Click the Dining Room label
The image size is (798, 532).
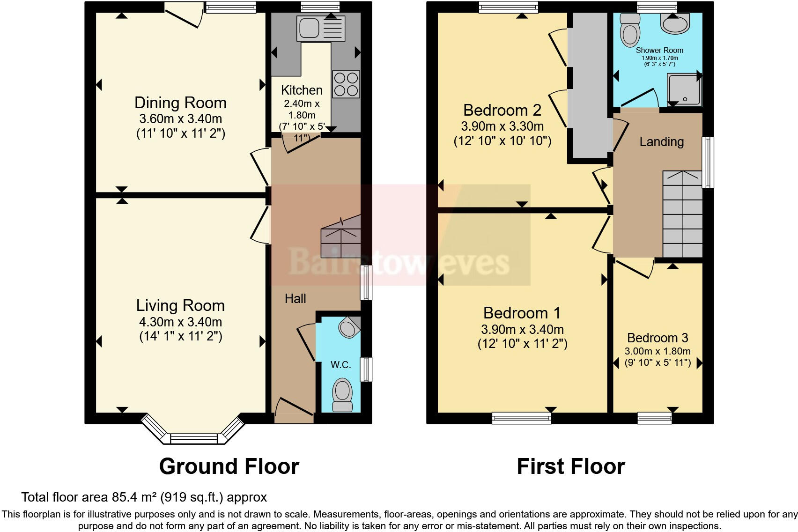180,103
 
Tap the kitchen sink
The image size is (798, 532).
321,28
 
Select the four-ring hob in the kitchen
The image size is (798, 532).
346,84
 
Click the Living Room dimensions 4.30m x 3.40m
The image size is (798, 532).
180,322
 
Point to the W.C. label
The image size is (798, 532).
340,365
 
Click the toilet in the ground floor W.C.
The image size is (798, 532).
342,394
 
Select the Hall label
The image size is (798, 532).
295,299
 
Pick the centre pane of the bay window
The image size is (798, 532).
194,439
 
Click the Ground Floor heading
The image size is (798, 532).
229,466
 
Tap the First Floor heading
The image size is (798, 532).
570,466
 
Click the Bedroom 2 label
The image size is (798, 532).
502,110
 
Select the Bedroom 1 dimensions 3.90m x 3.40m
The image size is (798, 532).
522,329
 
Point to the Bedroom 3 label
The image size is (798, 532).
658,338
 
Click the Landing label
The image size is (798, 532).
661,141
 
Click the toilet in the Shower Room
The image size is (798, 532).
629,29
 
